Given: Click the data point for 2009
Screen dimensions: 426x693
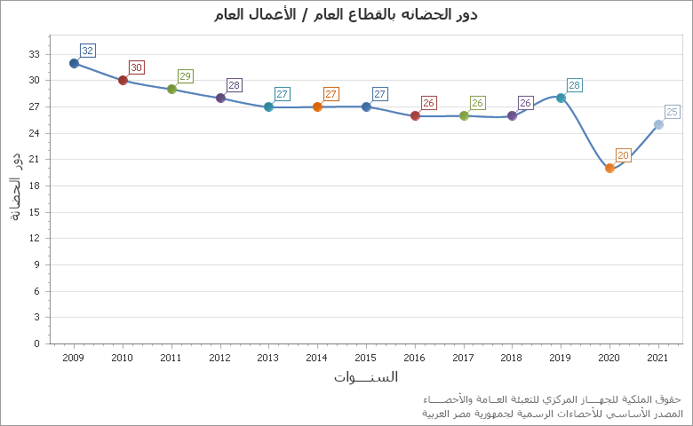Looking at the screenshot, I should click(x=74, y=63).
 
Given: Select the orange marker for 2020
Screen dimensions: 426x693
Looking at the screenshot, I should click(x=609, y=168).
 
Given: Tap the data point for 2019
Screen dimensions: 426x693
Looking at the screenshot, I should click(x=561, y=98).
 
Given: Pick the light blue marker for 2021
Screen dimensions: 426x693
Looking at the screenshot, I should click(x=658, y=124).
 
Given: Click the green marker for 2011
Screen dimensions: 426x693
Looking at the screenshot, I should click(x=171, y=89).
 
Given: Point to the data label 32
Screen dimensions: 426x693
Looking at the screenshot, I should click(x=88, y=51).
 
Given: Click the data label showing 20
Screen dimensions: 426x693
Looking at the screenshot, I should click(x=624, y=155).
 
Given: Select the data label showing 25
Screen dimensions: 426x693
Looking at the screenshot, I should click(x=673, y=112).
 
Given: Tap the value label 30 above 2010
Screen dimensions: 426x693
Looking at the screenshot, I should click(x=137, y=67).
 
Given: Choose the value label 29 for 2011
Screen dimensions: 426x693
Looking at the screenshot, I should click(x=186, y=76).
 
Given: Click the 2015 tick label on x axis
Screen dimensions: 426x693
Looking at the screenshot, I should click(x=366, y=358).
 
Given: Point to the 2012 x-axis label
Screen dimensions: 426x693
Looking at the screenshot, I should click(x=219, y=358).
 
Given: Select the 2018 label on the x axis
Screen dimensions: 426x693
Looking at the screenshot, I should click(x=512, y=358).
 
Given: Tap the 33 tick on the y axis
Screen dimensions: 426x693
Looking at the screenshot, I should click(x=34, y=54).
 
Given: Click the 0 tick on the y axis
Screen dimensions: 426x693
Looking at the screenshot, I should click(x=36, y=343).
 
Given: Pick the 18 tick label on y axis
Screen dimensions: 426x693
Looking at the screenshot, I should click(x=34, y=185).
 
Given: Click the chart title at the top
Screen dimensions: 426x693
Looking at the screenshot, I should click(x=346, y=14).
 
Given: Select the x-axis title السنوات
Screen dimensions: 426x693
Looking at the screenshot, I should click(x=366, y=377).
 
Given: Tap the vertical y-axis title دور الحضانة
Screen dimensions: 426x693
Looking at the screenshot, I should click(x=14, y=185).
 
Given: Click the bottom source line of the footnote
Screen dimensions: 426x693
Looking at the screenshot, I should click(x=552, y=414).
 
